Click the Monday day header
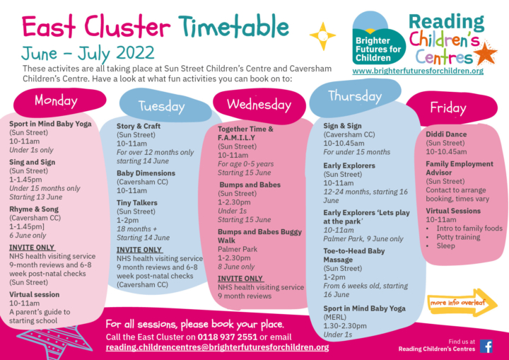tap(56, 100)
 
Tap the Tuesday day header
tap(161, 106)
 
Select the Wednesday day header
tap(259, 105)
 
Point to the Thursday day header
tap(354, 96)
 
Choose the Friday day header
tap(448, 108)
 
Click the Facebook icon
tap(486, 346)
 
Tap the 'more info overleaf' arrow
tap(462, 303)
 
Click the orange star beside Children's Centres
tap(485, 53)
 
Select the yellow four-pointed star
tap(322, 36)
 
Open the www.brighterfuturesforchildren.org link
tap(418, 71)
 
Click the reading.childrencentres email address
tap(217, 347)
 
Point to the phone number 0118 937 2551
tap(227, 337)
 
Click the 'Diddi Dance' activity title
tap(446, 134)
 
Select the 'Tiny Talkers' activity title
tap(137, 203)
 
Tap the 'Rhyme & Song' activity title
tap(34, 209)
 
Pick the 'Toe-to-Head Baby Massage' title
tap(354, 255)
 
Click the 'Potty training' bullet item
tap(458, 237)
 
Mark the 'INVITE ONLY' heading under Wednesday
tap(240, 279)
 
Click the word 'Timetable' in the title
tap(234, 26)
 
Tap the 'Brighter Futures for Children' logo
tap(378, 38)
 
